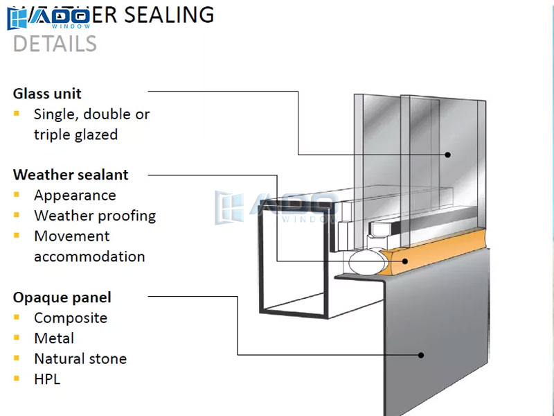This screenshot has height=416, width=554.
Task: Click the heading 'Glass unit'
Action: (x=47, y=94)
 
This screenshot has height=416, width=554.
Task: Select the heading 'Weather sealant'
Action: (x=71, y=175)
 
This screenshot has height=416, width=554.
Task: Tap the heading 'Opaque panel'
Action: (x=62, y=297)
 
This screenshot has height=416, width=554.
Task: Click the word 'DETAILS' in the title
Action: (x=55, y=44)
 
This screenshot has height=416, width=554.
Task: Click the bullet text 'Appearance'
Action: (x=75, y=196)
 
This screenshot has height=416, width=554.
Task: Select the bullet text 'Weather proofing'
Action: (x=95, y=216)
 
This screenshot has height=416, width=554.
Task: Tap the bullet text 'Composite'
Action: (x=71, y=318)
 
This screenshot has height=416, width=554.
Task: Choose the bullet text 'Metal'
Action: (x=54, y=338)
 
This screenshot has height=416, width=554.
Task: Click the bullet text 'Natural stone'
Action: (x=80, y=358)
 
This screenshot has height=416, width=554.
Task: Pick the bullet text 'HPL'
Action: (x=47, y=379)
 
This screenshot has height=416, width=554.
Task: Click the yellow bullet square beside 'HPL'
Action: (x=17, y=379)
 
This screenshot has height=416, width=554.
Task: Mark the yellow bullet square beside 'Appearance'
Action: (x=17, y=195)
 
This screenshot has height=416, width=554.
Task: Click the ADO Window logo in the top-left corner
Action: (x=48, y=18)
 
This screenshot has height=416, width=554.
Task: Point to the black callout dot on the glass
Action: (x=447, y=155)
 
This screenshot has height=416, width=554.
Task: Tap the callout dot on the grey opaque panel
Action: (x=421, y=355)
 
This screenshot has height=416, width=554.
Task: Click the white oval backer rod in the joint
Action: (x=366, y=263)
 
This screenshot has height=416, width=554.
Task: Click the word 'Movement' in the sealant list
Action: (x=72, y=236)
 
